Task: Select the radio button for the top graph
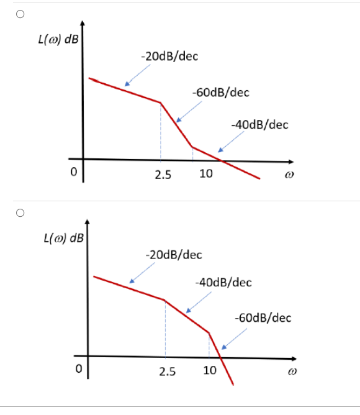[x=20, y=16]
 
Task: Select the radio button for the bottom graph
[x=20, y=213]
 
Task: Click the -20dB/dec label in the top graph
[x=169, y=57]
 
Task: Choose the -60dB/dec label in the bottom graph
[x=263, y=317]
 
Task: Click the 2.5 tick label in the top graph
[x=163, y=175]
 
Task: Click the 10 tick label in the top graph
[x=206, y=174]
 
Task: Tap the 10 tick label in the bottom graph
[x=210, y=372]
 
